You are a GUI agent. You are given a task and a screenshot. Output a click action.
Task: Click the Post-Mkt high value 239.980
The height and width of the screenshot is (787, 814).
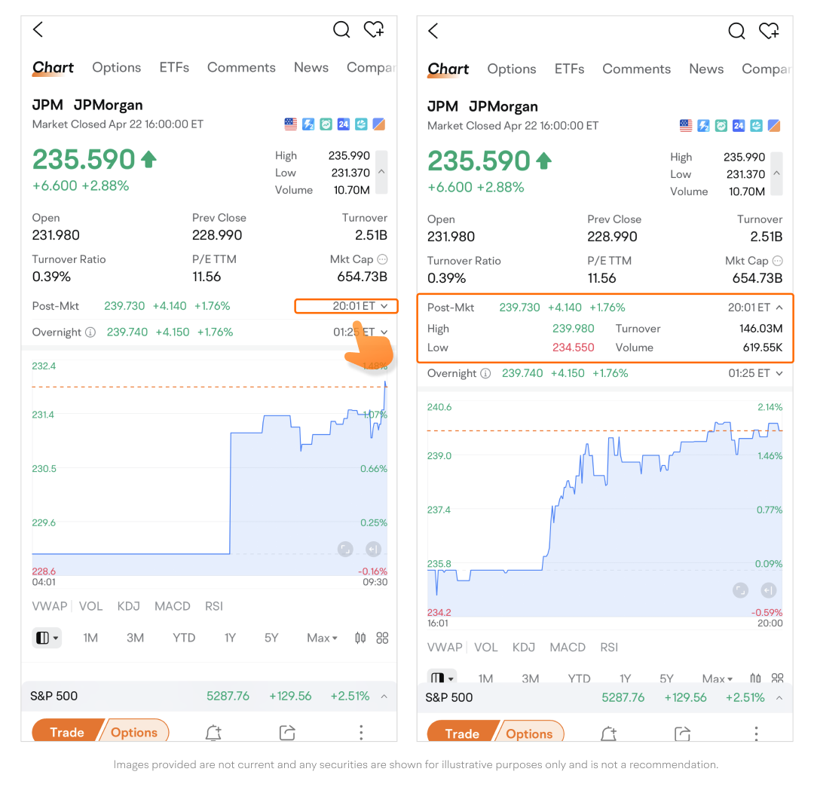coord(573,329)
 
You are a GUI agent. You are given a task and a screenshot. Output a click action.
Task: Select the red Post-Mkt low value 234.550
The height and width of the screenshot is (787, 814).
coord(573,348)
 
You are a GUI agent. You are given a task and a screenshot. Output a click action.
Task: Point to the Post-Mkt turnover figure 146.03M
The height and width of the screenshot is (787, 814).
coord(760,329)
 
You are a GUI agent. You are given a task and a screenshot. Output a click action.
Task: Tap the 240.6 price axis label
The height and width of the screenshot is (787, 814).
coord(439,407)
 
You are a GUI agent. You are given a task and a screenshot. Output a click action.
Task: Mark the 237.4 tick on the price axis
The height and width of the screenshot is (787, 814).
coord(439,510)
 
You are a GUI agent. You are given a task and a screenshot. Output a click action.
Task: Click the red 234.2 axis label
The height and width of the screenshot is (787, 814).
coord(439,612)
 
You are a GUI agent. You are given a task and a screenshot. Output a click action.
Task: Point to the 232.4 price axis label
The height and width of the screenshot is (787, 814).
coord(44,366)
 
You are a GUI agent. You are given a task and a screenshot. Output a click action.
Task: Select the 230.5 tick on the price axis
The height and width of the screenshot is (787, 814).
coord(44,468)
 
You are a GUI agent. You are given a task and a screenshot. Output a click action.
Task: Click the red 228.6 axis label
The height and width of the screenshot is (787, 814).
coord(44,571)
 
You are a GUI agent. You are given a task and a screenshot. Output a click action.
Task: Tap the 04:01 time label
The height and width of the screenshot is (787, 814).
coord(44,582)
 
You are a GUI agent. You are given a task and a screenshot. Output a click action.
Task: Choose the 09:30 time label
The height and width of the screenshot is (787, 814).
coord(375,582)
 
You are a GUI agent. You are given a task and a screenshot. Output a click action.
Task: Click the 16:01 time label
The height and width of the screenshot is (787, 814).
coord(439,623)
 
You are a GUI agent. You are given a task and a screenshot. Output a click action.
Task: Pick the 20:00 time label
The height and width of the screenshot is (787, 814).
coord(770,623)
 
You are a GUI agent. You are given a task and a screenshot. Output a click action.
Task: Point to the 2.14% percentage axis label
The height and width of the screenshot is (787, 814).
coord(770,407)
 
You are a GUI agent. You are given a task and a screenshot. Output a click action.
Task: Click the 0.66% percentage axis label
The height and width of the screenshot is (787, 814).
coord(375,468)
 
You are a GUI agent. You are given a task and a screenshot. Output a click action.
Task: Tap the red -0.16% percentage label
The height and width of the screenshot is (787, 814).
coord(373,571)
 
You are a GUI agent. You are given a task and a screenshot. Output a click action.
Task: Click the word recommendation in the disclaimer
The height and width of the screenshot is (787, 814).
coord(674,764)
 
